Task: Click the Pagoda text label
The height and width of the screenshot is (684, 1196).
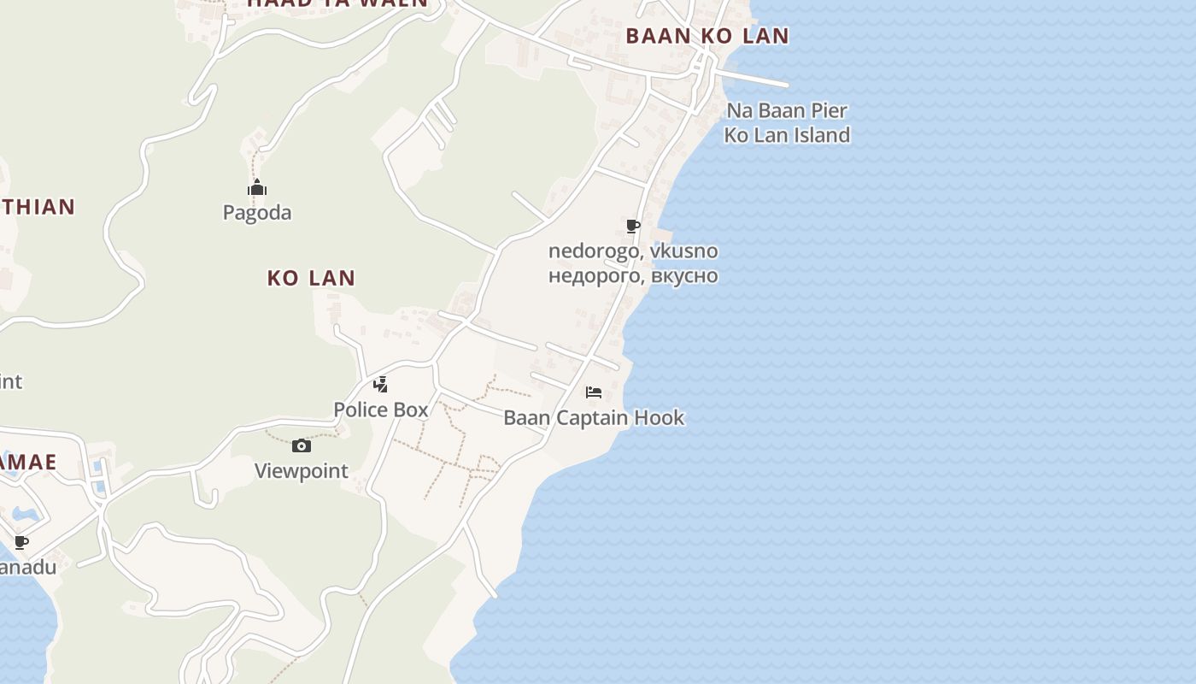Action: coord(257,212)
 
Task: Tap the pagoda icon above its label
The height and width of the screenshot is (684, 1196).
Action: coord(257,188)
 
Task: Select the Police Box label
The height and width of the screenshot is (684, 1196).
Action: coord(380,410)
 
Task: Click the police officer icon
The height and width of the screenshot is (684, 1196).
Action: coord(381,385)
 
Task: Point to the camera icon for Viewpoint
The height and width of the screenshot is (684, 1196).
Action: coord(302,445)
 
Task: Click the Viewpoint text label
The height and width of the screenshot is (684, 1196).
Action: coord(302,470)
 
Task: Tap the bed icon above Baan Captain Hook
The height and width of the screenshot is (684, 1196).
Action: coord(594,392)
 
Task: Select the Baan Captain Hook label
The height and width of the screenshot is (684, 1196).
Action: coord(594,417)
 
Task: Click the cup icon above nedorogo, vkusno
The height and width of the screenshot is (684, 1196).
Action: coord(633,226)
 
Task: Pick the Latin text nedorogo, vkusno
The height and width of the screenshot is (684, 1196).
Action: coord(633,251)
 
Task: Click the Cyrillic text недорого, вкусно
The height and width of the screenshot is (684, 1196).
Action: coord(633,275)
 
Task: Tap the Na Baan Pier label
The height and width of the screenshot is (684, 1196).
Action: coord(787,110)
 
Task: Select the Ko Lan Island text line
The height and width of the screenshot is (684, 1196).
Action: coord(787,134)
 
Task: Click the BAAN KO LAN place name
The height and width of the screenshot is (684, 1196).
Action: coord(707,35)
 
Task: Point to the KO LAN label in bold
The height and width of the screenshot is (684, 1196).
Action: coord(311,278)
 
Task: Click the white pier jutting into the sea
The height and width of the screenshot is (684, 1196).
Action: coord(756,79)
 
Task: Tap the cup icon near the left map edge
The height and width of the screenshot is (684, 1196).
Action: coord(21,542)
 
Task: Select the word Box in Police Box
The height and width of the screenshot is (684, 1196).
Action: coord(411,410)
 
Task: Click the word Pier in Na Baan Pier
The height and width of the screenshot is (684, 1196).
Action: coord(830,110)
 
